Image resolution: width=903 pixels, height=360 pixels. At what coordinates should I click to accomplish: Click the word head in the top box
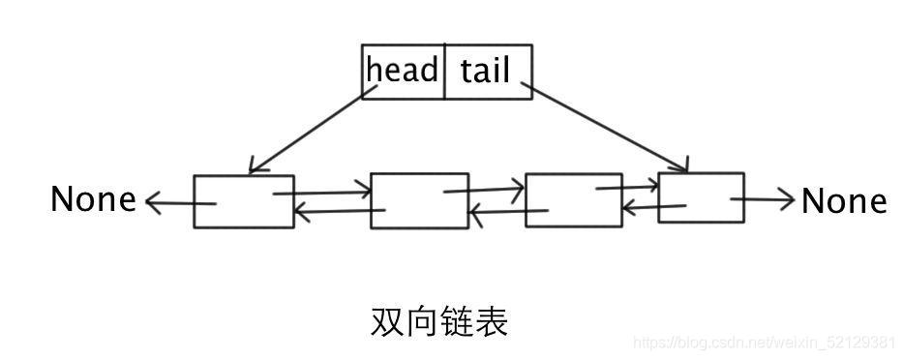(x=402, y=70)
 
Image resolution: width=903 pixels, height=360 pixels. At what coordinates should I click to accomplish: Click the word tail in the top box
(x=485, y=70)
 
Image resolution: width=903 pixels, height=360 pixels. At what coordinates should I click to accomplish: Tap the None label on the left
(x=93, y=200)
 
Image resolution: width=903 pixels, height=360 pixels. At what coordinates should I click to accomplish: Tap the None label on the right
(x=844, y=201)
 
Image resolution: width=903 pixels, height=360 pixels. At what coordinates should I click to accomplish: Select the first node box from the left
(x=243, y=201)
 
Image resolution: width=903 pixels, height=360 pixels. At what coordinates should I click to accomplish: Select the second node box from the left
(x=419, y=201)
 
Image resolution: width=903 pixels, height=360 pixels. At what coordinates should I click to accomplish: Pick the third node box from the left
(x=573, y=200)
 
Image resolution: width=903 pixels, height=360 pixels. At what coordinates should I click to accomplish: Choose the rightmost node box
(x=701, y=197)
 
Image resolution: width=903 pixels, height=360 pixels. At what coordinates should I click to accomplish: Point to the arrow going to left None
(x=179, y=203)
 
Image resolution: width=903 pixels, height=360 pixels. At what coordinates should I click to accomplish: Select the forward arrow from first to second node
(x=322, y=193)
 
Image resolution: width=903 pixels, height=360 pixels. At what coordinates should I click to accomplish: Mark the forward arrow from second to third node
(x=484, y=190)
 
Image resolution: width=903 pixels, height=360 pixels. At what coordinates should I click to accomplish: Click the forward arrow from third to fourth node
(x=627, y=187)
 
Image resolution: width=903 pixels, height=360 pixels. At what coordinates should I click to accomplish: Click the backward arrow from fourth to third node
(x=654, y=206)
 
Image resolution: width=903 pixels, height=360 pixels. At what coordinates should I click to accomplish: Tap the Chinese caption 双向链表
(x=438, y=322)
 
